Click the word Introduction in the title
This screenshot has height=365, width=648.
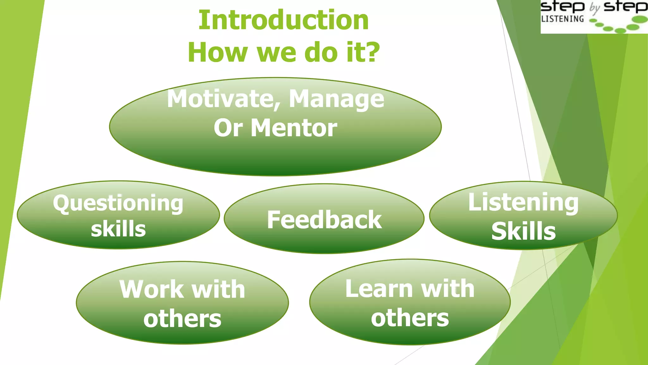point(283,20)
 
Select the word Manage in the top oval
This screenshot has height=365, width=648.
point(336,99)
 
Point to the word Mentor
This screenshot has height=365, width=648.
point(294,128)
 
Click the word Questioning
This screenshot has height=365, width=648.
point(118,203)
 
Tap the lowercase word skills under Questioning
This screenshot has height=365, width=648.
point(118,229)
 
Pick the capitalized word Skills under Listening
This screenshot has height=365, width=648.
point(523,231)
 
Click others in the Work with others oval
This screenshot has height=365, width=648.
point(182,319)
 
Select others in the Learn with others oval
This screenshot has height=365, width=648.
point(410,318)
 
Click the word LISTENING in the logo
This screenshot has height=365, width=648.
point(562,19)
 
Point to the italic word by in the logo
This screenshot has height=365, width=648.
point(595,8)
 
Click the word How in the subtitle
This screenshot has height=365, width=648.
point(217,52)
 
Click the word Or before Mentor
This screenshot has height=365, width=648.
point(228,128)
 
